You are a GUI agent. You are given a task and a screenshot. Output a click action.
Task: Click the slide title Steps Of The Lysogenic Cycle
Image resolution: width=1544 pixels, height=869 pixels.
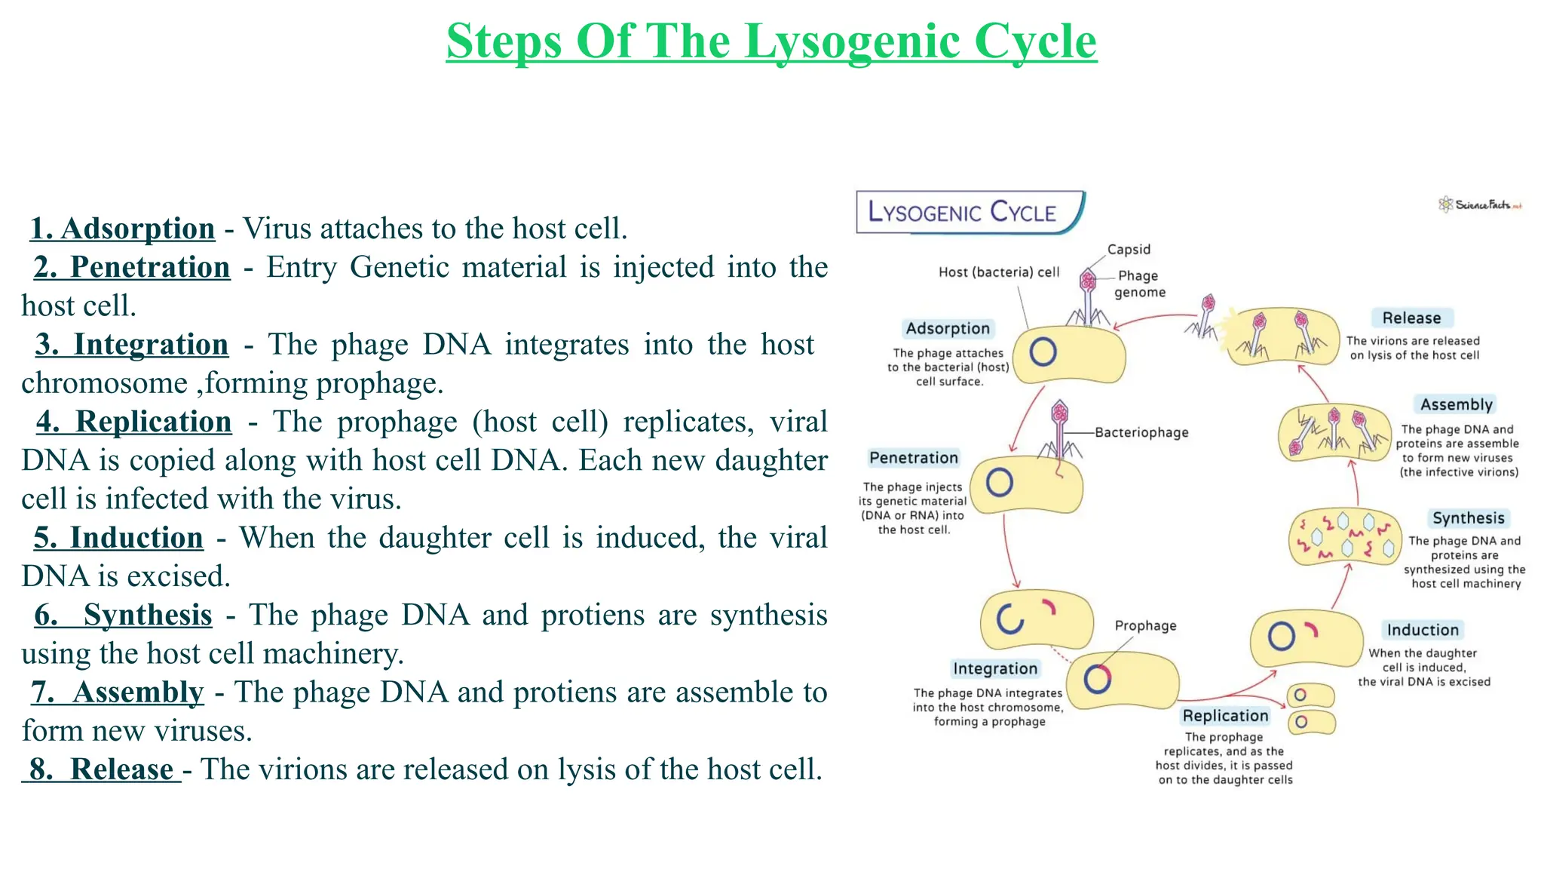click(x=771, y=41)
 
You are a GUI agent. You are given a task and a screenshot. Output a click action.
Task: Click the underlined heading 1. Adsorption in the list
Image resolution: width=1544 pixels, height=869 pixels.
click(x=122, y=229)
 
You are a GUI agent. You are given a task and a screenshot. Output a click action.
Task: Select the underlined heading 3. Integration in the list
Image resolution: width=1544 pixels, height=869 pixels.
click(x=132, y=345)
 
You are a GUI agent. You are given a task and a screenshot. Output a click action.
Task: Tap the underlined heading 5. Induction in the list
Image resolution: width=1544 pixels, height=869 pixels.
click(x=118, y=538)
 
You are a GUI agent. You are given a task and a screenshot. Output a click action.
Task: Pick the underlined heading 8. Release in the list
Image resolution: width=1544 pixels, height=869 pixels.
click(x=102, y=769)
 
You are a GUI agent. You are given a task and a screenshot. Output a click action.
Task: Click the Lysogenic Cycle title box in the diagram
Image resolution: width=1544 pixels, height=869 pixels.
click(x=970, y=212)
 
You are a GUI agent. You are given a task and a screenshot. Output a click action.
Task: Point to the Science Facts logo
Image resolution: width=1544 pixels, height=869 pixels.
click(x=1479, y=204)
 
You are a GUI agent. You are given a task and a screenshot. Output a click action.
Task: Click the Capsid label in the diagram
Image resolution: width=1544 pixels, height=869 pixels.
click(x=1129, y=250)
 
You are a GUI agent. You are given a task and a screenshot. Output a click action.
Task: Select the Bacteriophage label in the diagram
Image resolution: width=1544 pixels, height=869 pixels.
click(x=1141, y=432)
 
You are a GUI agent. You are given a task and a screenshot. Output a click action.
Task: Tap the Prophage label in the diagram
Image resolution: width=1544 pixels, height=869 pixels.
click(x=1145, y=625)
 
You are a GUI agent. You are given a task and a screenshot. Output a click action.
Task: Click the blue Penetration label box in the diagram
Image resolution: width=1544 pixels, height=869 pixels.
click(x=914, y=458)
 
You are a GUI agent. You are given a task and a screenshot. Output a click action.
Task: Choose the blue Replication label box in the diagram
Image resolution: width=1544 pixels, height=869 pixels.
click(x=1225, y=716)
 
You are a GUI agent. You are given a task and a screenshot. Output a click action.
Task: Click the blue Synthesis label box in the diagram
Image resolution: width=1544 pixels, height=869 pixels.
click(x=1468, y=518)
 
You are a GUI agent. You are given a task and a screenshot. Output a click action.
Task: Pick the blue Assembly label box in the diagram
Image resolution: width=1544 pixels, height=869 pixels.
click(x=1456, y=404)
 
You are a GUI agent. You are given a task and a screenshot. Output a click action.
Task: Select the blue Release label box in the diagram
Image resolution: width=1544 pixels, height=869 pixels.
click(x=1411, y=318)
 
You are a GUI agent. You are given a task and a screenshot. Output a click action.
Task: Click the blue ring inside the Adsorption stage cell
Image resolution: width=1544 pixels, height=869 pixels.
click(x=1043, y=352)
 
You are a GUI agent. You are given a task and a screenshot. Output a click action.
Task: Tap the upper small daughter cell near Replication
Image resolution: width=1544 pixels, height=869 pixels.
click(x=1310, y=695)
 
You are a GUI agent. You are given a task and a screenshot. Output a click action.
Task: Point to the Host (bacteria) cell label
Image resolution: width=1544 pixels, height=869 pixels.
click(x=998, y=272)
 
